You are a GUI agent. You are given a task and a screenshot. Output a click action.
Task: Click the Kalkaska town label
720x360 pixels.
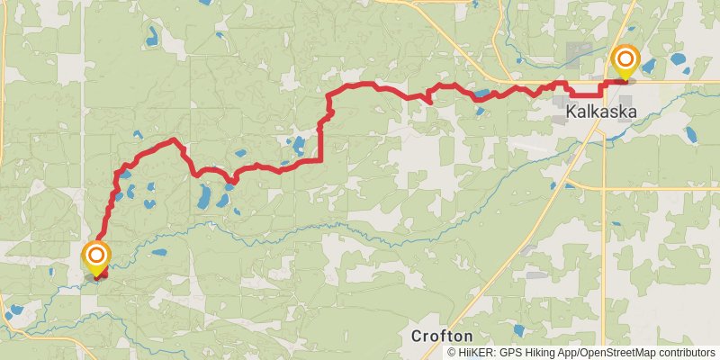click(x=601, y=112)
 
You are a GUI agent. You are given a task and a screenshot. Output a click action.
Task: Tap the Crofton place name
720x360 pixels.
click(x=442, y=335)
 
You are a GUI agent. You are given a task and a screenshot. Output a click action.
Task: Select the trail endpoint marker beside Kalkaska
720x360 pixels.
click(x=625, y=62)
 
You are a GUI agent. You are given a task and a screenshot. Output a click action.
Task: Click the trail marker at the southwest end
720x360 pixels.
click(x=95, y=257)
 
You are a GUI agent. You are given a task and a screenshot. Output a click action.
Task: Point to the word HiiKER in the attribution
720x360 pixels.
click(x=477, y=353)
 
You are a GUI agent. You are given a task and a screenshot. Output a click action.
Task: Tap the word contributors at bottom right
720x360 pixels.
click(x=686, y=353)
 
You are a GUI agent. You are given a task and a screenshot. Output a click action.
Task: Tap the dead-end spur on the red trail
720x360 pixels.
click(x=430, y=102)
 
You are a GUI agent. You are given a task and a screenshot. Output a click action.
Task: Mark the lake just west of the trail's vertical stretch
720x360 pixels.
click(x=299, y=143)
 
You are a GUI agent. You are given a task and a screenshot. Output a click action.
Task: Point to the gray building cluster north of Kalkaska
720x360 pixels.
click(x=576, y=51)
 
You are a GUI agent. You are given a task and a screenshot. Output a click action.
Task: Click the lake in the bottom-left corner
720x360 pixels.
click(x=15, y=313)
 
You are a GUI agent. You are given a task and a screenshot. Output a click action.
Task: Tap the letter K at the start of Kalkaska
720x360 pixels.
click(x=572, y=112)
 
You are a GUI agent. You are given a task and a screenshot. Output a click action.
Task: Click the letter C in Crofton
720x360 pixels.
click(x=417, y=335)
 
